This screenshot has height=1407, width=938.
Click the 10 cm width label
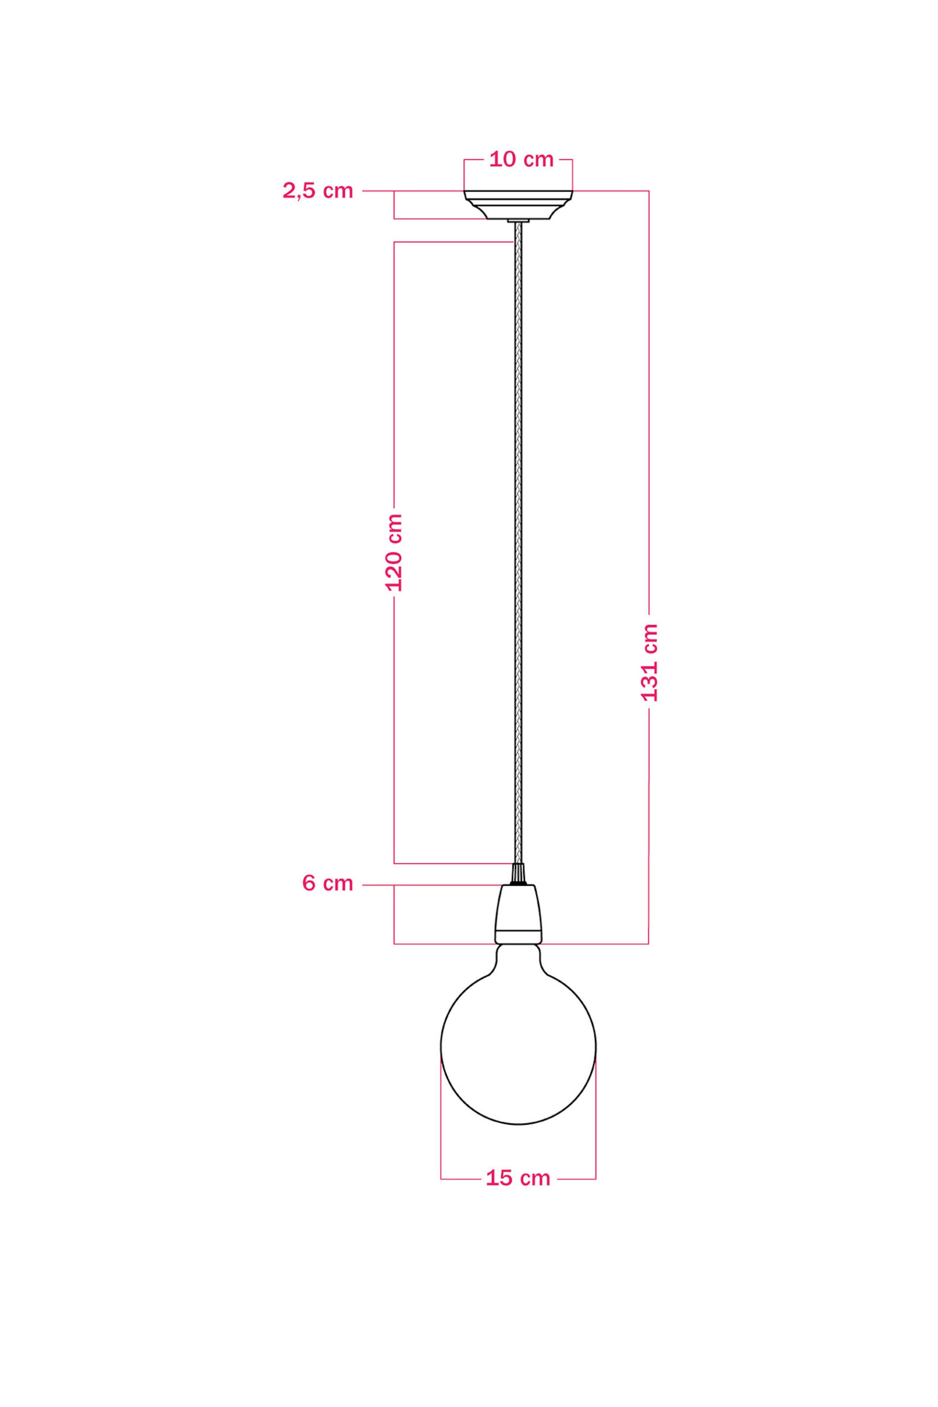tap(521, 160)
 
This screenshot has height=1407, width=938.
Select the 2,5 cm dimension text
tap(317, 191)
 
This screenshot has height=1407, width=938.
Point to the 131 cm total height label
tap(649, 662)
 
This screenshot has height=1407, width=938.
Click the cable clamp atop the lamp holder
tap(518, 875)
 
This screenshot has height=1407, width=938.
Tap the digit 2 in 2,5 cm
tap(288, 191)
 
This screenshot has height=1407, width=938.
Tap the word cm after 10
tap(539, 160)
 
